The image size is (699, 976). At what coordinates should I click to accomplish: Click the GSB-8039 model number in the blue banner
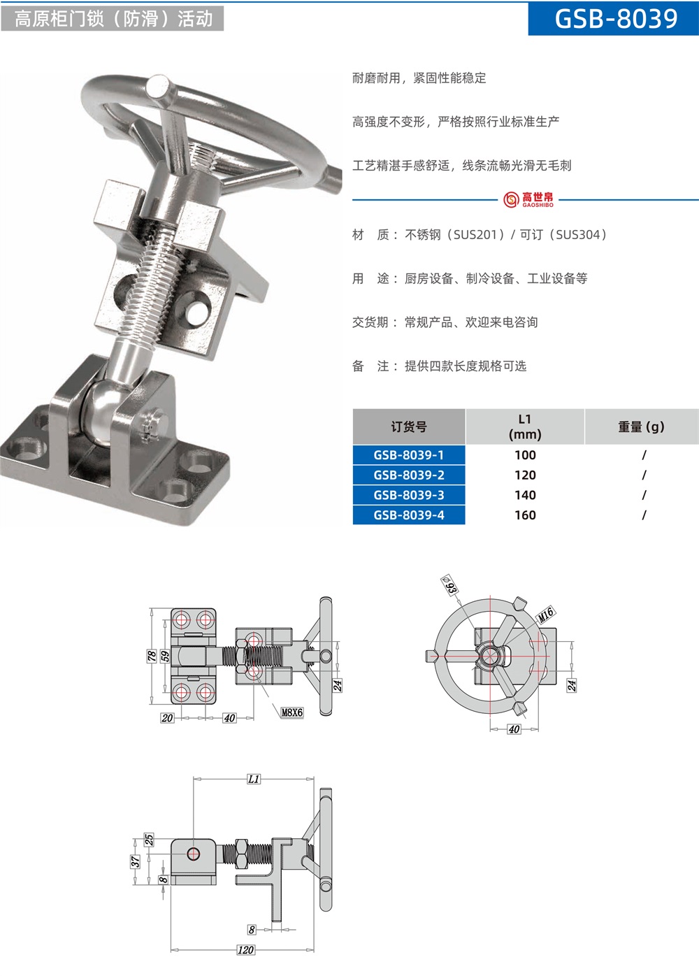pos(617,19)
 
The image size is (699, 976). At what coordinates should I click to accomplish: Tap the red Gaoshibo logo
pos(528,199)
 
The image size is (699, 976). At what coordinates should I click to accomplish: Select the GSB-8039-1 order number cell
pos(409,455)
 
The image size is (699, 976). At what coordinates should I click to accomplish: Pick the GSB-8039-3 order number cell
pos(409,495)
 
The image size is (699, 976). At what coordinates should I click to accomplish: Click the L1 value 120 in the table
pos(525,475)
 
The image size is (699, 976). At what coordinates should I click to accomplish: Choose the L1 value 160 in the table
pos(525,515)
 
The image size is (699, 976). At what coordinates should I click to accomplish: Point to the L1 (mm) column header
pos(525,426)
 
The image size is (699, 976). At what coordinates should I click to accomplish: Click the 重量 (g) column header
pos(642,426)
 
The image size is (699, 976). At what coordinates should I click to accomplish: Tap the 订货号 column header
pos(409,426)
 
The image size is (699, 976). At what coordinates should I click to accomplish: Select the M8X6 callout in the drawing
pos(291,712)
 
